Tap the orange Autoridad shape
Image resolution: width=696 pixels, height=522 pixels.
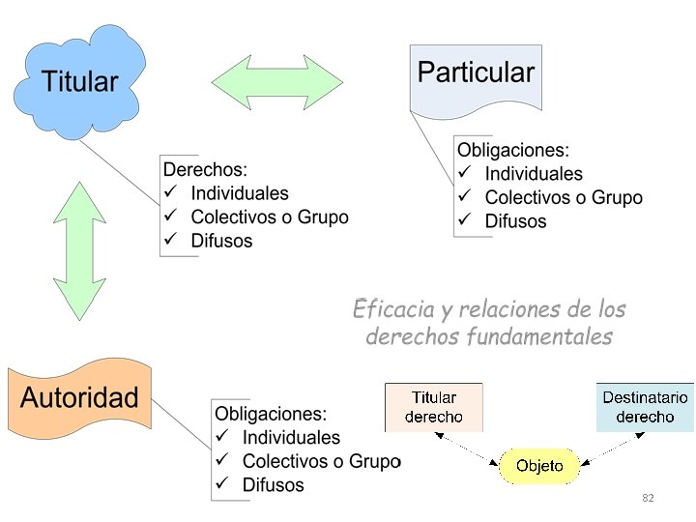[79, 397]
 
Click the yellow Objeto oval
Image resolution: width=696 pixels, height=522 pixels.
[539, 467]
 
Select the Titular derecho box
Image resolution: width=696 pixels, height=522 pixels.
[433, 407]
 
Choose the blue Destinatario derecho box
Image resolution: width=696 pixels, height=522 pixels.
[645, 407]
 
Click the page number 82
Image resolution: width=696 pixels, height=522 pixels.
[648, 497]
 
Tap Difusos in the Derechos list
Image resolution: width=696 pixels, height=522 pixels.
[221, 241]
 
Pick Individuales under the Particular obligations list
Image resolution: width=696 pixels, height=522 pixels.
[534, 174]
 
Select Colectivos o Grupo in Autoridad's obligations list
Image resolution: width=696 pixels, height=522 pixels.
[321, 461]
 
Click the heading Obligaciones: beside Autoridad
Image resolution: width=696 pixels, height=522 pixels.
[271, 414]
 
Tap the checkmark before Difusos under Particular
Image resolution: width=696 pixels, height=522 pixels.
[465, 220]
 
